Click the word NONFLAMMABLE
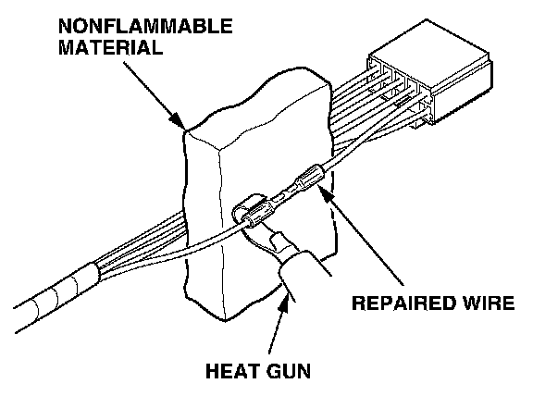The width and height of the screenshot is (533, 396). [x=145, y=26]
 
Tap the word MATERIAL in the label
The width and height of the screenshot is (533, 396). [x=110, y=47]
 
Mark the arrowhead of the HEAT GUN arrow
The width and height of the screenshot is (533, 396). [x=285, y=303]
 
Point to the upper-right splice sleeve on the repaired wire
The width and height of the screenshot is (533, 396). [x=310, y=176]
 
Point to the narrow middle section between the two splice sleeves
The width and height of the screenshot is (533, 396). [x=285, y=193]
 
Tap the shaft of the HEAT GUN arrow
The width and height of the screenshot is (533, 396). [x=277, y=328]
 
